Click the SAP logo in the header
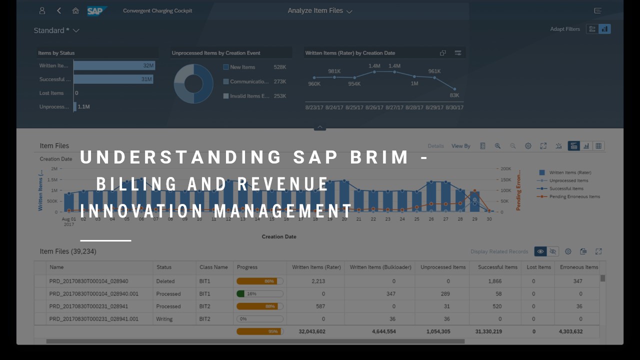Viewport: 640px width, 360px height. click(x=96, y=10)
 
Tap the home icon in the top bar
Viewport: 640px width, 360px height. click(x=75, y=10)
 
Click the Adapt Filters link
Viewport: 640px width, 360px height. click(x=565, y=29)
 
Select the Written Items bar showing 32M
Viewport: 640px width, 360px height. click(x=114, y=65)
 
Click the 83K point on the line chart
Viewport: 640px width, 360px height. click(x=454, y=88)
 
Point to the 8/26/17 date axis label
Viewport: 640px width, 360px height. click(x=374, y=107)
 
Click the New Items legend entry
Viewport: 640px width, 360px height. click(x=242, y=67)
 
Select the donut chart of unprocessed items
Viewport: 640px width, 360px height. click(x=193, y=83)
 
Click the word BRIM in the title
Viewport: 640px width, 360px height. click(x=380, y=157)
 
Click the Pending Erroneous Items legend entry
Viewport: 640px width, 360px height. click(x=574, y=196)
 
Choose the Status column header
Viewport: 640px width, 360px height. click(x=164, y=267)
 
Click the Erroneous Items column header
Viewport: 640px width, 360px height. click(x=578, y=267)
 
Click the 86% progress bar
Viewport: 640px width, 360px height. click(x=259, y=281)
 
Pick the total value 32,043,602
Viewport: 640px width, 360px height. click(x=311, y=331)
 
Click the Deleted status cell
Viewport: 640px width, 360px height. click(x=165, y=281)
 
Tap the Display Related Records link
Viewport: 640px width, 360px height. click(x=499, y=251)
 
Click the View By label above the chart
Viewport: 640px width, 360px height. click(x=460, y=146)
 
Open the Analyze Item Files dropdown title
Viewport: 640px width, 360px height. click(x=319, y=10)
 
